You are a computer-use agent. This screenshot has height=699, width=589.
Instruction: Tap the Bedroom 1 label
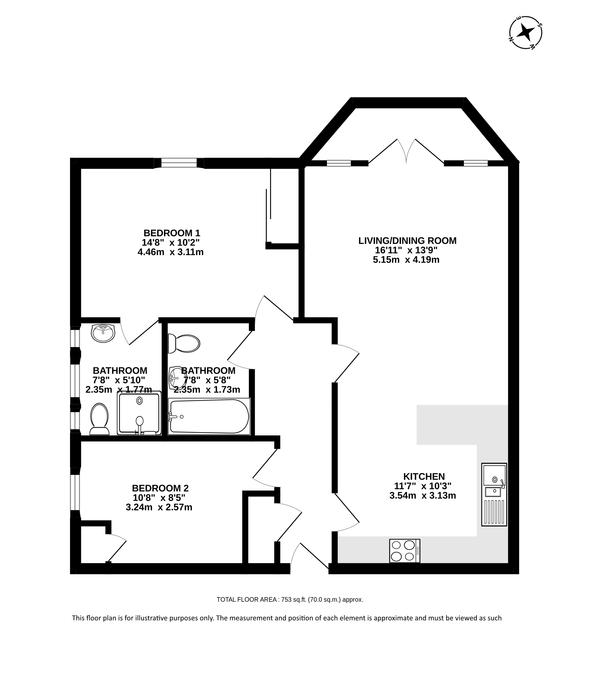(x=172, y=233)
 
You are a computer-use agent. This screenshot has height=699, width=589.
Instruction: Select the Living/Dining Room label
(x=407, y=241)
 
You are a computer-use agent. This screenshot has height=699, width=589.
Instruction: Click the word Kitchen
(x=424, y=476)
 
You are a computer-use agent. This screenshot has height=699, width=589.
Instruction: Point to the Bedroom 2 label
(x=160, y=488)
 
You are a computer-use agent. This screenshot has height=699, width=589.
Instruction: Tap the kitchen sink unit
(x=494, y=494)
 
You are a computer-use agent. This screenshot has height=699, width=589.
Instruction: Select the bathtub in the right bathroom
(x=209, y=416)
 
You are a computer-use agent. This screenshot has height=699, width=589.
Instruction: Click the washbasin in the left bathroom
(x=103, y=333)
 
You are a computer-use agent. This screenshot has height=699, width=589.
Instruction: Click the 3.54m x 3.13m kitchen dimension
(x=423, y=495)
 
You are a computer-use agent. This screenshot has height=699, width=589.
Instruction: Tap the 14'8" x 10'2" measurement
(x=171, y=242)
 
